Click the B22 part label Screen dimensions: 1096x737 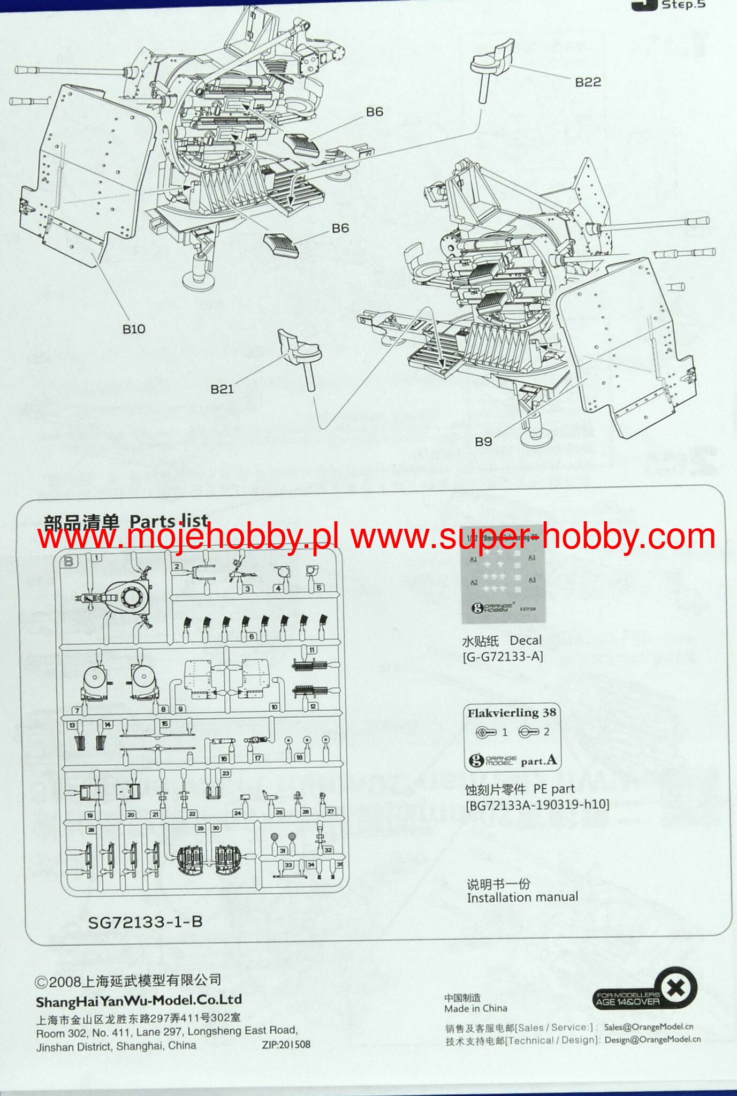point(588,82)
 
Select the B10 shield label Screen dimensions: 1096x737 point(133,329)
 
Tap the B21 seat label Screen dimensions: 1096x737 point(222,389)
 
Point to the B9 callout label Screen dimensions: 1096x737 point(483,442)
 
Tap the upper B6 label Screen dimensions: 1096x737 point(374,111)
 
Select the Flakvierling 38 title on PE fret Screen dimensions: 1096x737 point(512,713)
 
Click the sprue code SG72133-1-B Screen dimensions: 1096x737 point(146,922)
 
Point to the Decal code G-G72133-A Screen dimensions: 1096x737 point(503,657)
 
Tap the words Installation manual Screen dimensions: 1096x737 point(522,897)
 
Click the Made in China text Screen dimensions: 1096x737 point(476,1009)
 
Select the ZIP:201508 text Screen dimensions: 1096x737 point(286,1044)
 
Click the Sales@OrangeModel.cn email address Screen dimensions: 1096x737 point(648,1026)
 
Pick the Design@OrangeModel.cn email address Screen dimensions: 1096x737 point(652,1039)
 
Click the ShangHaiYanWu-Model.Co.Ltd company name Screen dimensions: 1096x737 point(139,1000)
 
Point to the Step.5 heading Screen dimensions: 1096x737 point(683,5)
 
